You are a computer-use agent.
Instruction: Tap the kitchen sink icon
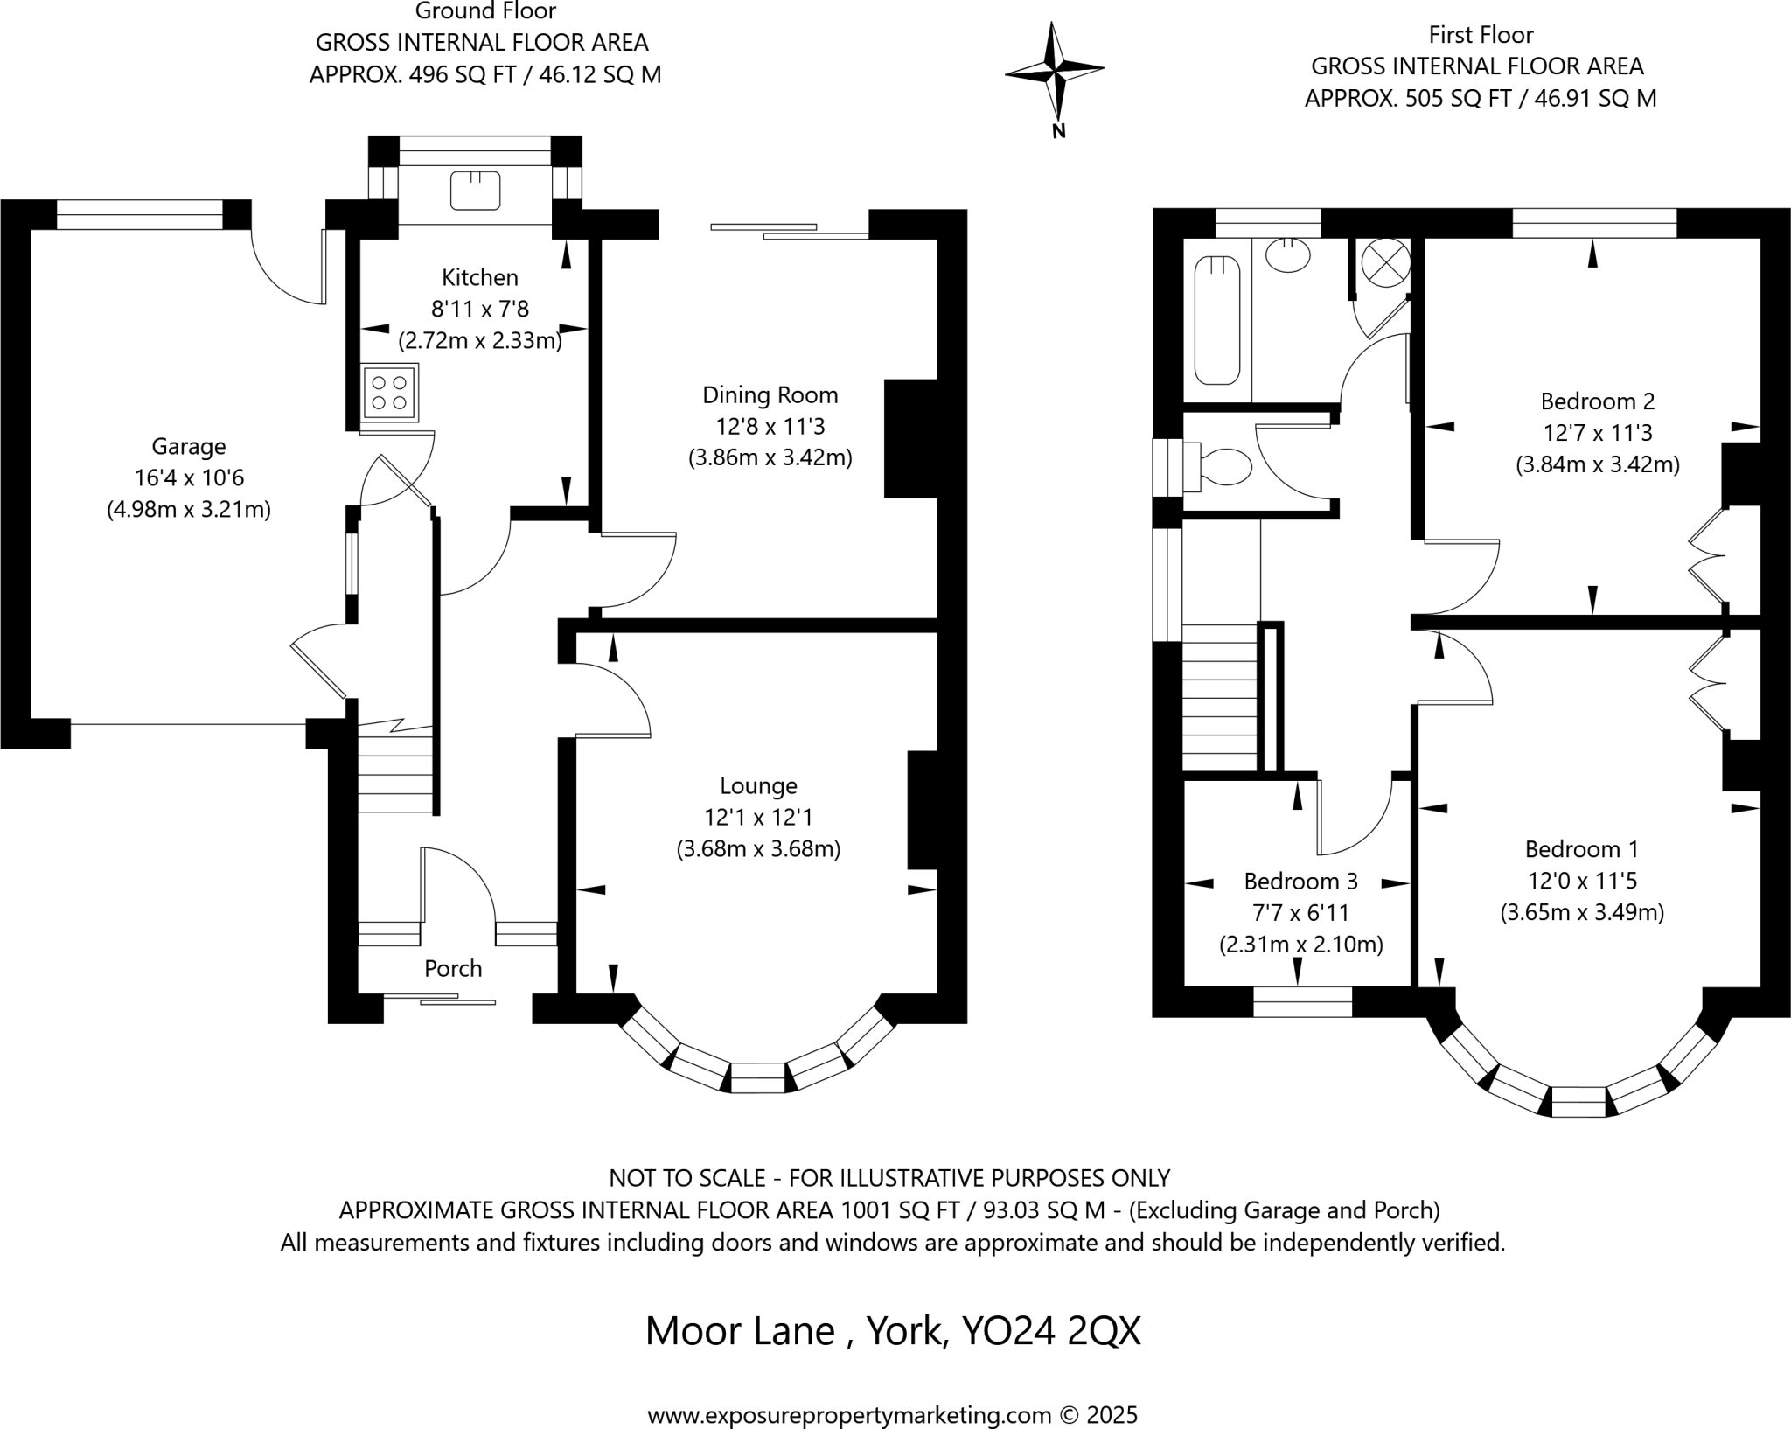(x=475, y=191)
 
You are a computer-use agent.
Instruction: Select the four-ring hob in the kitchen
(x=389, y=392)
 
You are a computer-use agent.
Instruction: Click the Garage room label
(x=189, y=446)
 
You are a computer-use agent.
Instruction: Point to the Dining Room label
(x=770, y=394)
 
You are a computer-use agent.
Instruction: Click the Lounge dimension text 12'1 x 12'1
(x=758, y=817)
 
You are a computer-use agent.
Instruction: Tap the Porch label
(x=453, y=968)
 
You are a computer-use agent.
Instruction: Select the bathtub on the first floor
(x=1216, y=320)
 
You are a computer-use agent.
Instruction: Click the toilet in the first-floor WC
(x=1223, y=466)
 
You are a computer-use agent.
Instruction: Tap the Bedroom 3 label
(x=1300, y=881)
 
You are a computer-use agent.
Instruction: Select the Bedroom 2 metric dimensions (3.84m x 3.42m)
(x=1597, y=464)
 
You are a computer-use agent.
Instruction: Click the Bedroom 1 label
(x=1581, y=848)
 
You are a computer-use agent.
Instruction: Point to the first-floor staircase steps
(x=1219, y=700)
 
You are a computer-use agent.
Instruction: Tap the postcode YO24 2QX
(x=1050, y=1331)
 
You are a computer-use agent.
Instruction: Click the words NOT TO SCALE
(x=685, y=1178)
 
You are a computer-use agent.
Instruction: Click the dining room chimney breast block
(x=909, y=438)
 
